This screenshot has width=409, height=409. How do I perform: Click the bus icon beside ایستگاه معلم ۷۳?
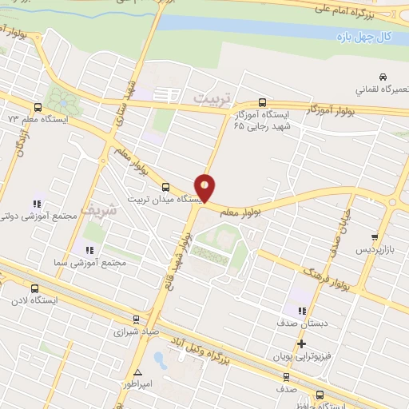pyautogui.click(x=38, y=106)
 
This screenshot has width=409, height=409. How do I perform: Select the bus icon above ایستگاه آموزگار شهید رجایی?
pyautogui.click(x=262, y=102)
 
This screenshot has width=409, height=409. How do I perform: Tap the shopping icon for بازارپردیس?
pyautogui.click(x=374, y=237)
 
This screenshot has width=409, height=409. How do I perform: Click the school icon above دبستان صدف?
pyautogui.click(x=301, y=311)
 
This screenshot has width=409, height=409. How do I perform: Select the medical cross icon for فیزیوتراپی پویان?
pyautogui.click(x=301, y=344)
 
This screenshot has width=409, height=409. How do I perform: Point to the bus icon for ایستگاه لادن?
pyautogui.click(x=34, y=288)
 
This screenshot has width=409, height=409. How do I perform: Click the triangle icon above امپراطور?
pyautogui.click(x=137, y=372)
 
